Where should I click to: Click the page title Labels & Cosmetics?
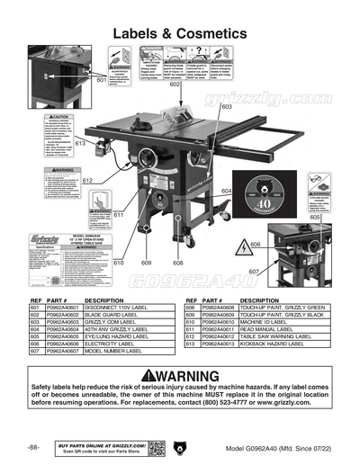(179, 32)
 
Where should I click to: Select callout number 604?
(226, 192)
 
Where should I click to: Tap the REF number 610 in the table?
(191, 321)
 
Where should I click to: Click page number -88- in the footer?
(33, 447)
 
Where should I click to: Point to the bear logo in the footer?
(180, 446)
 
